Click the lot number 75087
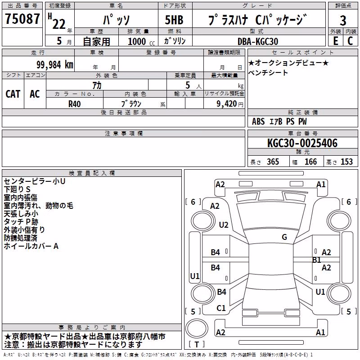[22, 18]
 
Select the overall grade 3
[343, 20]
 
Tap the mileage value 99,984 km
[54, 65]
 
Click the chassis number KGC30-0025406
[302, 143]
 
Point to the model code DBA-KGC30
[258, 41]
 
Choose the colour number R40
[74, 104]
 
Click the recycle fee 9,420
[226, 104]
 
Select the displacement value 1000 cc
[141, 41]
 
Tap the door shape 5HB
[174, 20]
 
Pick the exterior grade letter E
[336, 41]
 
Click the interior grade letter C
[350, 41]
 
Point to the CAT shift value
[13, 94]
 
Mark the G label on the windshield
[284, 237]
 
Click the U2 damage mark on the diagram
[223, 225]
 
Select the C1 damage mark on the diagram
[221, 308]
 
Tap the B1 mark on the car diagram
[316, 260]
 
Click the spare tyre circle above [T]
[197, 328]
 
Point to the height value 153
[346, 162]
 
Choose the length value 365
[273, 162]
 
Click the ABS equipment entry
[258, 121]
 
